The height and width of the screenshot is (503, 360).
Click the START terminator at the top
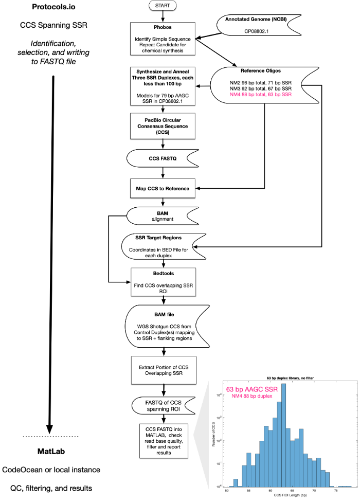click(164, 6)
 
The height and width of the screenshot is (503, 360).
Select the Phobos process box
click(164, 38)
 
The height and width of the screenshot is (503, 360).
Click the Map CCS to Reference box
click(164, 188)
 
